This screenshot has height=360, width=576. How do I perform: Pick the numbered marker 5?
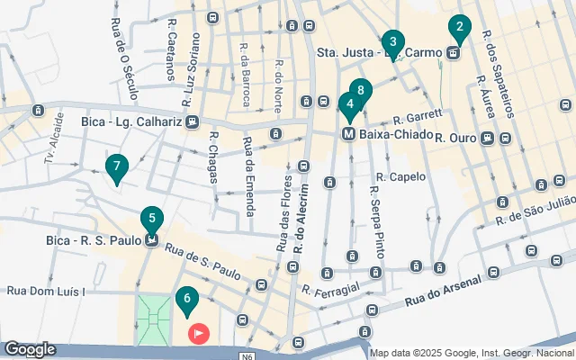(152, 219)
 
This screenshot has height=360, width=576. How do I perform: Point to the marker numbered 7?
(115, 167)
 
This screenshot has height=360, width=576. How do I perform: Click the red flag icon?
(199, 334)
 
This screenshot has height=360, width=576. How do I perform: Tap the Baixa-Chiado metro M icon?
(347, 135)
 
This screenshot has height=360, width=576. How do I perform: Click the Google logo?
(29, 349)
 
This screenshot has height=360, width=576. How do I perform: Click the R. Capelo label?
(400, 176)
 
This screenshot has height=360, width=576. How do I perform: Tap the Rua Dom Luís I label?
(45, 291)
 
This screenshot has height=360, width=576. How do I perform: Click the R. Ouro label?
(454, 139)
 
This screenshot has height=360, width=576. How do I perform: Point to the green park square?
(153, 319)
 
